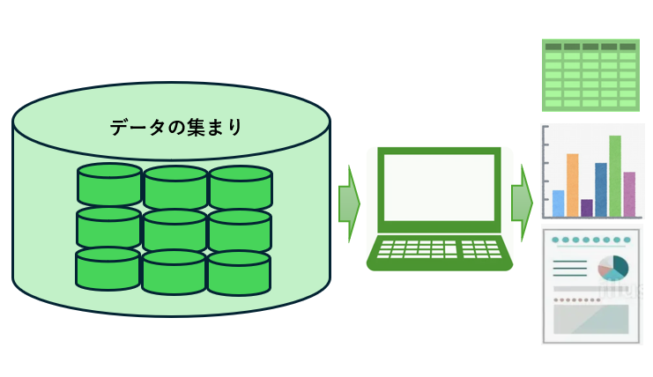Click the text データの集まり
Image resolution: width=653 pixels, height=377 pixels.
[176, 127]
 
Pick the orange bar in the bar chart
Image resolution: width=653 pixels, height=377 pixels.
[572, 185]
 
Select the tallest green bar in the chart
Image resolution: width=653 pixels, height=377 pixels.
[615, 176]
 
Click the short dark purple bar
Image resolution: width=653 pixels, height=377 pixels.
[587, 208]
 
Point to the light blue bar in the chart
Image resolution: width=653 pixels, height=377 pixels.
[558, 203]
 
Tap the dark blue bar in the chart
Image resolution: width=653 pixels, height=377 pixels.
[601, 189]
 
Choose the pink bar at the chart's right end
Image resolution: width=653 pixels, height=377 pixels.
[629, 194]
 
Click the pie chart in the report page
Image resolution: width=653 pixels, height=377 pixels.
[613, 268]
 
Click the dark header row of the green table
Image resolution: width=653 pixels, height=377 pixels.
[590, 46]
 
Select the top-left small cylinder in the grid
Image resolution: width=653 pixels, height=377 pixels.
[109, 183]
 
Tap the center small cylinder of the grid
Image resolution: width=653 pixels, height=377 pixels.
[174, 230]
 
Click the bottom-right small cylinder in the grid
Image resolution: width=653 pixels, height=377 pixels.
[238, 272]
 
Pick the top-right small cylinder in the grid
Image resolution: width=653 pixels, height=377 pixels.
[240, 186]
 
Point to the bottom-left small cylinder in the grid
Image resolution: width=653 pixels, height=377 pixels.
[108, 269]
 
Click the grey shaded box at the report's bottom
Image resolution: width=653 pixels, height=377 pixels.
[590, 318]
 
